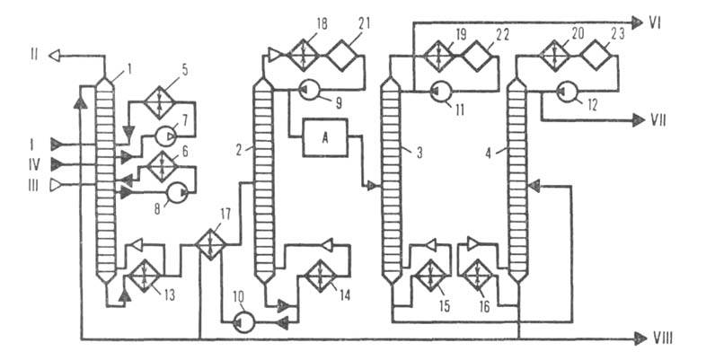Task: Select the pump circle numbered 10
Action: (243, 321)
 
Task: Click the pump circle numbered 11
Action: (440, 90)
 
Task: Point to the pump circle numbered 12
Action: (565, 90)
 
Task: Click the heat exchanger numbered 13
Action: (142, 277)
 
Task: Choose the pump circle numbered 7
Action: (166, 136)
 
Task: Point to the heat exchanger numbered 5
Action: (159, 99)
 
